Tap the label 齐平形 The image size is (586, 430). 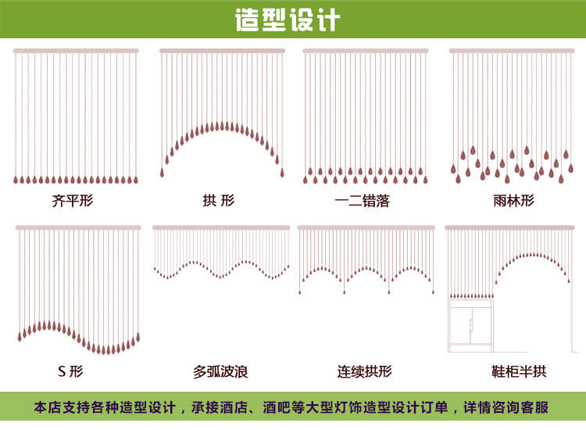pyautogui.click(x=73, y=201)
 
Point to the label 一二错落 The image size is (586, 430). pyautogui.click(x=362, y=201)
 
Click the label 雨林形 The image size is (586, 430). pyautogui.click(x=514, y=201)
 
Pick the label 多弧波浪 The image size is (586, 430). pyautogui.click(x=220, y=371)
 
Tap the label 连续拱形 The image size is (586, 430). pyautogui.click(x=364, y=371)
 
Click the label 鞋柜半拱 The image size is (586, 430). pyautogui.click(x=514, y=371)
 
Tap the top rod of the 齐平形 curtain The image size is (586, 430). pyautogui.click(x=76, y=51)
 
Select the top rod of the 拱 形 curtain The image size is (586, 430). pyautogui.click(x=222, y=51)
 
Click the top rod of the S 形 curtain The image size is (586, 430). pyautogui.click(x=78, y=228)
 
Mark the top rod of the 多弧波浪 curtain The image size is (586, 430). pyautogui.click(x=221, y=228)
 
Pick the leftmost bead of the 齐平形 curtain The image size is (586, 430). pyautogui.click(x=16, y=180)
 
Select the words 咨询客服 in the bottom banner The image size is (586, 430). pyautogui.click(x=523, y=407)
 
